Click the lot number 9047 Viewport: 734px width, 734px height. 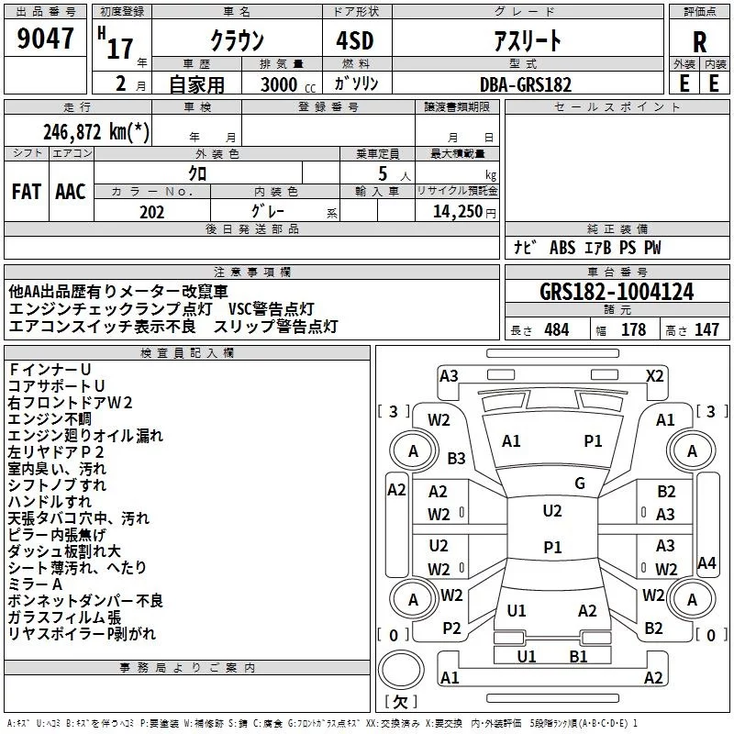pos(46,39)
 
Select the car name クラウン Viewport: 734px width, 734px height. pos(237,41)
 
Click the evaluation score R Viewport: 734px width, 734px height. pos(699,41)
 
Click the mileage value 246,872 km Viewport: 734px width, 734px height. pos(96,131)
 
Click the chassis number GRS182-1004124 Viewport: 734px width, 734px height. pos(617,292)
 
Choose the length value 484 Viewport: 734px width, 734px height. pos(555,329)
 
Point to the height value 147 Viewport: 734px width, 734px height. pos(706,329)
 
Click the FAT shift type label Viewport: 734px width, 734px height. pos(27,192)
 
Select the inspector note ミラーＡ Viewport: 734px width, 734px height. pos(35,584)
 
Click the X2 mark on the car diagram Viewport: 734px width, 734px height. pos(654,375)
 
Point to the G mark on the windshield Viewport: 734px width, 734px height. pos(580,484)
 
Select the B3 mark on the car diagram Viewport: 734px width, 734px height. pos(456,458)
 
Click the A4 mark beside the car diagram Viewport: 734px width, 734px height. pos(706,562)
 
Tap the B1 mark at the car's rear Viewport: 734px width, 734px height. pos(578,656)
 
